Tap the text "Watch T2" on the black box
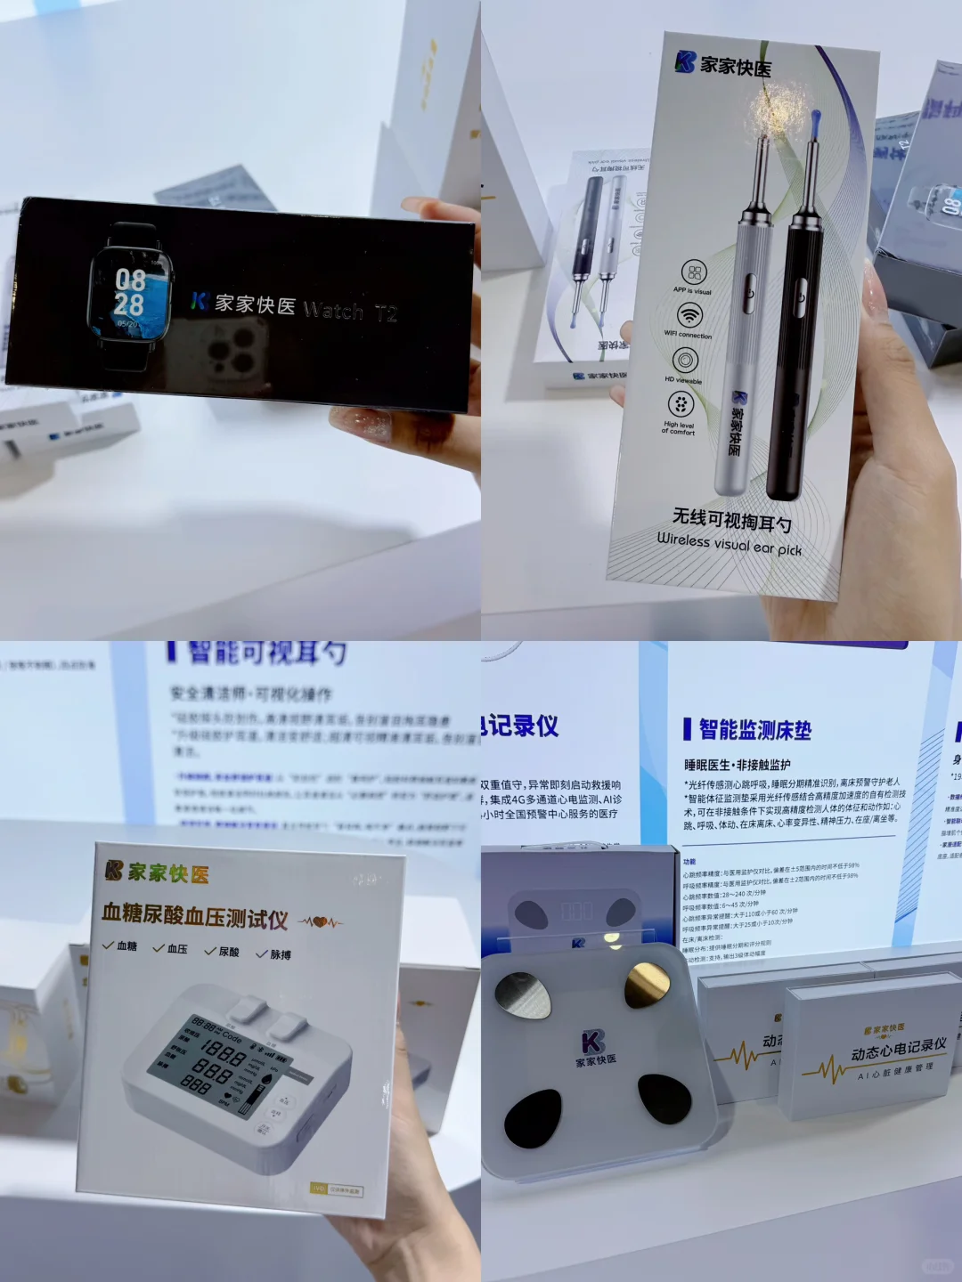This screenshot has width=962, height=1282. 350,311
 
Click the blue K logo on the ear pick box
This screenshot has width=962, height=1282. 685,61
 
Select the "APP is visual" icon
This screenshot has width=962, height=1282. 694,272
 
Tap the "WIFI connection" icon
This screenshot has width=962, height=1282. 689,315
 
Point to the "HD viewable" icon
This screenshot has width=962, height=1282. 684,361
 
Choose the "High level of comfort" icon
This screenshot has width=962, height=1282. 681,405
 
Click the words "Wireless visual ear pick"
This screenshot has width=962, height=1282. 730,543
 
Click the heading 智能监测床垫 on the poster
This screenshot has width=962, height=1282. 754,730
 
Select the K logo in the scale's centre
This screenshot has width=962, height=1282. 592,1041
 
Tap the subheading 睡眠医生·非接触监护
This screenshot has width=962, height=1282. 737,765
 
